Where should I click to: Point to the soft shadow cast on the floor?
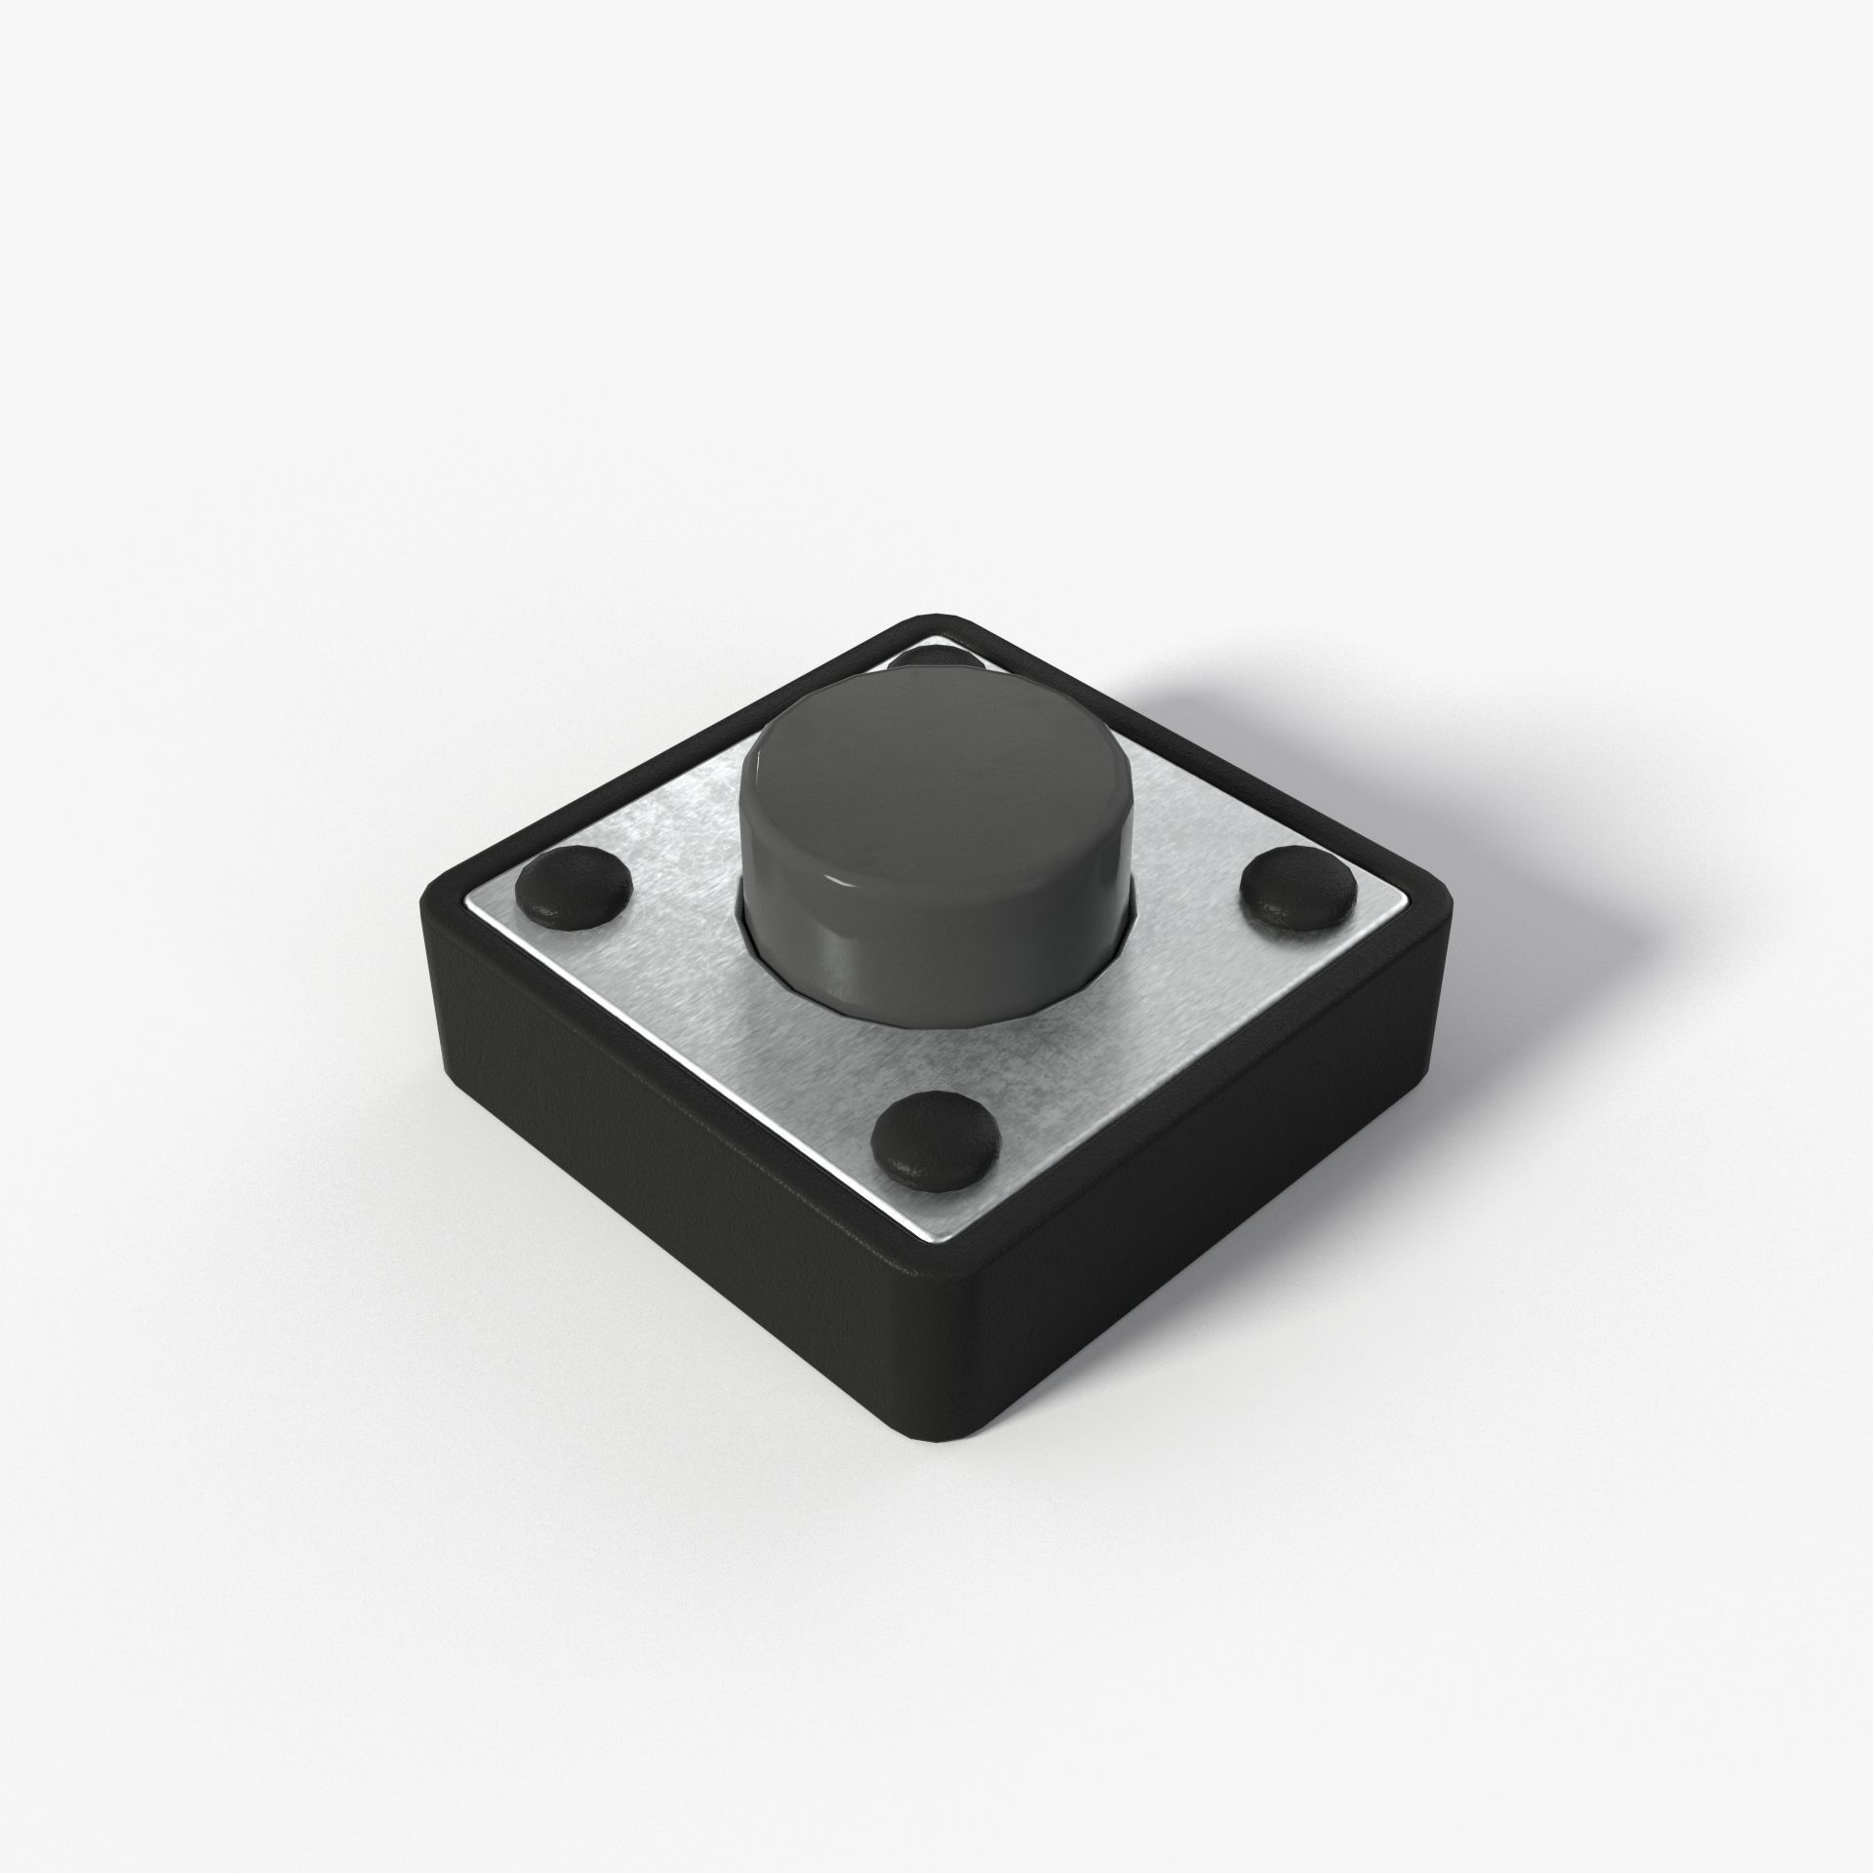pyautogui.click(x=1463, y=741)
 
